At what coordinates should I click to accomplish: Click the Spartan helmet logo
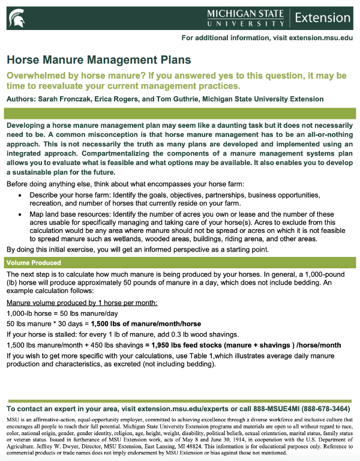[17, 16]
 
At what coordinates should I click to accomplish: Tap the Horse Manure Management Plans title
[99, 60]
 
